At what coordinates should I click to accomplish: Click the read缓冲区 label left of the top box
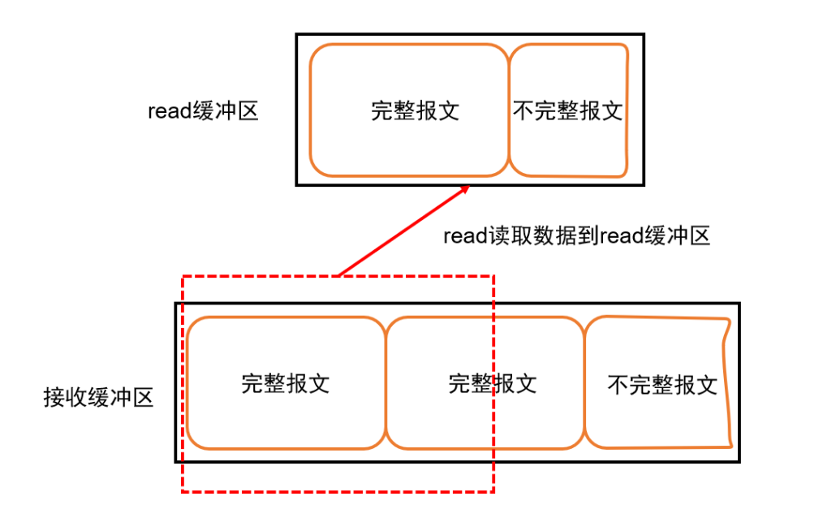pos(203,110)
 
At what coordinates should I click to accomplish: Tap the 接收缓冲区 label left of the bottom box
pos(99,397)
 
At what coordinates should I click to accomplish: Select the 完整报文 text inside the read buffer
pos(415,110)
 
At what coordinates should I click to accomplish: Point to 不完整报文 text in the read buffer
pos(567,110)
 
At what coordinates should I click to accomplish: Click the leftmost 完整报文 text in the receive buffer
pos(285,383)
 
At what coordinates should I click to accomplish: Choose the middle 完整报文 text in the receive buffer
pos(492,383)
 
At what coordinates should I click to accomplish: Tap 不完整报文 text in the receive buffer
pos(662,384)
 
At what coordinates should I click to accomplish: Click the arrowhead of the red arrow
pos(466,188)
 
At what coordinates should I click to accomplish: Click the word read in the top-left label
pos(165,111)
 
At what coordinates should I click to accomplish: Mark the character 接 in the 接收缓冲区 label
pos(54,397)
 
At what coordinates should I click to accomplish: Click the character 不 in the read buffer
pos(524,110)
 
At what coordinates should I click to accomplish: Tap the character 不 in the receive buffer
pos(618,384)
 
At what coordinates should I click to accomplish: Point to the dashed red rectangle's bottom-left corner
pos(183,491)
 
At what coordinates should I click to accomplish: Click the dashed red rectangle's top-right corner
pos(493,276)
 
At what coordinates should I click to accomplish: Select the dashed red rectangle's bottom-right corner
pos(493,491)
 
